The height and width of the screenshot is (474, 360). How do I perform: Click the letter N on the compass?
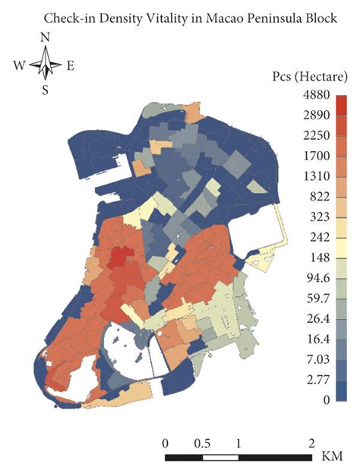click(46, 37)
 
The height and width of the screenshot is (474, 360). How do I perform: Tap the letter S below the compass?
click(46, 90)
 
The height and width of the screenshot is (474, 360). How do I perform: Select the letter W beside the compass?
click(19, 65)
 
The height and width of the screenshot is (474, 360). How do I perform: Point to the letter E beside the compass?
click(70, 65)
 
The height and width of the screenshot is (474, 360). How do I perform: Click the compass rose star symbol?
click(46, 64)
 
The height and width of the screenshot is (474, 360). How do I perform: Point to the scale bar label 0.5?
click(202, 442)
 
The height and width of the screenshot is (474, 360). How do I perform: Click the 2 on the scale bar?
click(311, 442)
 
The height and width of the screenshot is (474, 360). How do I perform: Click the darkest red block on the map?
click(118, 258)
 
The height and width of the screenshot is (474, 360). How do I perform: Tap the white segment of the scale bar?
click(220, 457)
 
